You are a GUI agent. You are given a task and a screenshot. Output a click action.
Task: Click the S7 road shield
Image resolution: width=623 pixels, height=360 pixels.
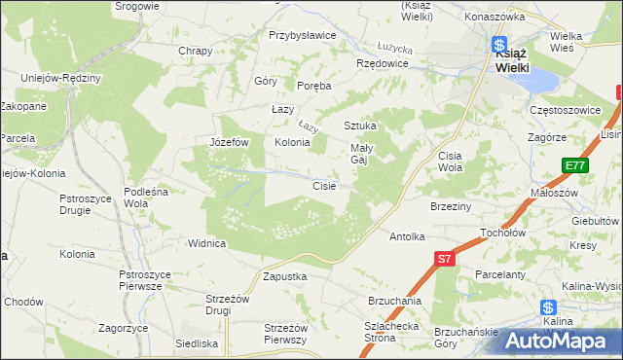pos(444,259)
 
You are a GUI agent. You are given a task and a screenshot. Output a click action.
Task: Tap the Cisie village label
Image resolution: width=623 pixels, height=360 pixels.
pos(324,186)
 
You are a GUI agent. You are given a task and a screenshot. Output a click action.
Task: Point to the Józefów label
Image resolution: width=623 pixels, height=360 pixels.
pos(230,142)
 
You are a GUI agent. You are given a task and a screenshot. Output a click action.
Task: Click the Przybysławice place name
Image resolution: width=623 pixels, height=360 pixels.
pos(302,35)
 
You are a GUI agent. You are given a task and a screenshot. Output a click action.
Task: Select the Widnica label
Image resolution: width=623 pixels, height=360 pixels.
pos(207,243)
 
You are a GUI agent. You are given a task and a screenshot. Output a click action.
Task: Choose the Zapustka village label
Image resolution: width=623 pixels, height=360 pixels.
pos(285,276)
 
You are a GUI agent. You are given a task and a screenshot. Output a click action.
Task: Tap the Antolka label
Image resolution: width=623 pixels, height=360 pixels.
pos(408,236)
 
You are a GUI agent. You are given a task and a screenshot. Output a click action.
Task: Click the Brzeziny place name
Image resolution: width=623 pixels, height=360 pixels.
pos(451,206)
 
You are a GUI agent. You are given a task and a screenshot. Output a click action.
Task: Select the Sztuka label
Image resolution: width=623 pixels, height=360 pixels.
pos(359,126)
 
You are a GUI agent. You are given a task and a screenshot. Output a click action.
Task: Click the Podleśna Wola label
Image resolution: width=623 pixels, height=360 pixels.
pos(149,198)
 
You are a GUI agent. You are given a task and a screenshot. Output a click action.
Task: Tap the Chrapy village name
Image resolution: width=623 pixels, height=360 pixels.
pos(195,51)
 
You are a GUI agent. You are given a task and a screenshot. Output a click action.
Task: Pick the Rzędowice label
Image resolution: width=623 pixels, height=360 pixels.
pos(383,63)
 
